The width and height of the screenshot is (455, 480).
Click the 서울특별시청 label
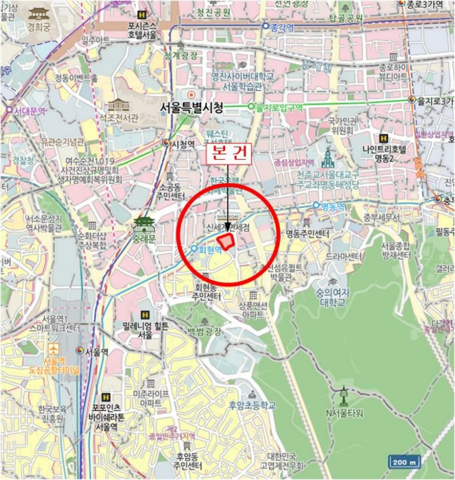coord(191,108)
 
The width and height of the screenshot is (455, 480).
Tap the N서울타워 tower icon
coord(344,396)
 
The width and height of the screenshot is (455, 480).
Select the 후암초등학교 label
coord(253,405)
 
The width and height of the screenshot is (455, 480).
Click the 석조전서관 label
coord(119,118)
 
